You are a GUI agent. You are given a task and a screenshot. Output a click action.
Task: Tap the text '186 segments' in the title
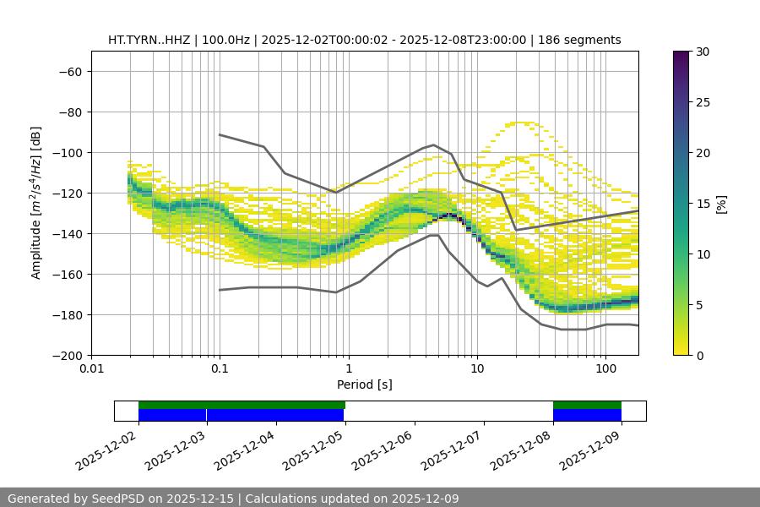583,40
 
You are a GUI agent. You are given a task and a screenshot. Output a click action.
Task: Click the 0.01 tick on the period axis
91,369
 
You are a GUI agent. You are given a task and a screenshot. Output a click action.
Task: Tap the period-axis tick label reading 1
349,369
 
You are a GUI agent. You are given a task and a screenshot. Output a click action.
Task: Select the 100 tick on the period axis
605,369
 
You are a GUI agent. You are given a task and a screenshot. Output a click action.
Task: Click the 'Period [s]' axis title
365,384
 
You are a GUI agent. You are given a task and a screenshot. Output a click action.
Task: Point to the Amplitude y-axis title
36,203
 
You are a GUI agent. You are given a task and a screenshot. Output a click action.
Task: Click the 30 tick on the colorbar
703,52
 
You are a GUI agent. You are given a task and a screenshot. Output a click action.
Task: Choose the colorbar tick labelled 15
703,204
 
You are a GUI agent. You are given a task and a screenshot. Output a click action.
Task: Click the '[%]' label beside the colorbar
721,204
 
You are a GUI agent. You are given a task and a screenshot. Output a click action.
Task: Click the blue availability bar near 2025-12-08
587,415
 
